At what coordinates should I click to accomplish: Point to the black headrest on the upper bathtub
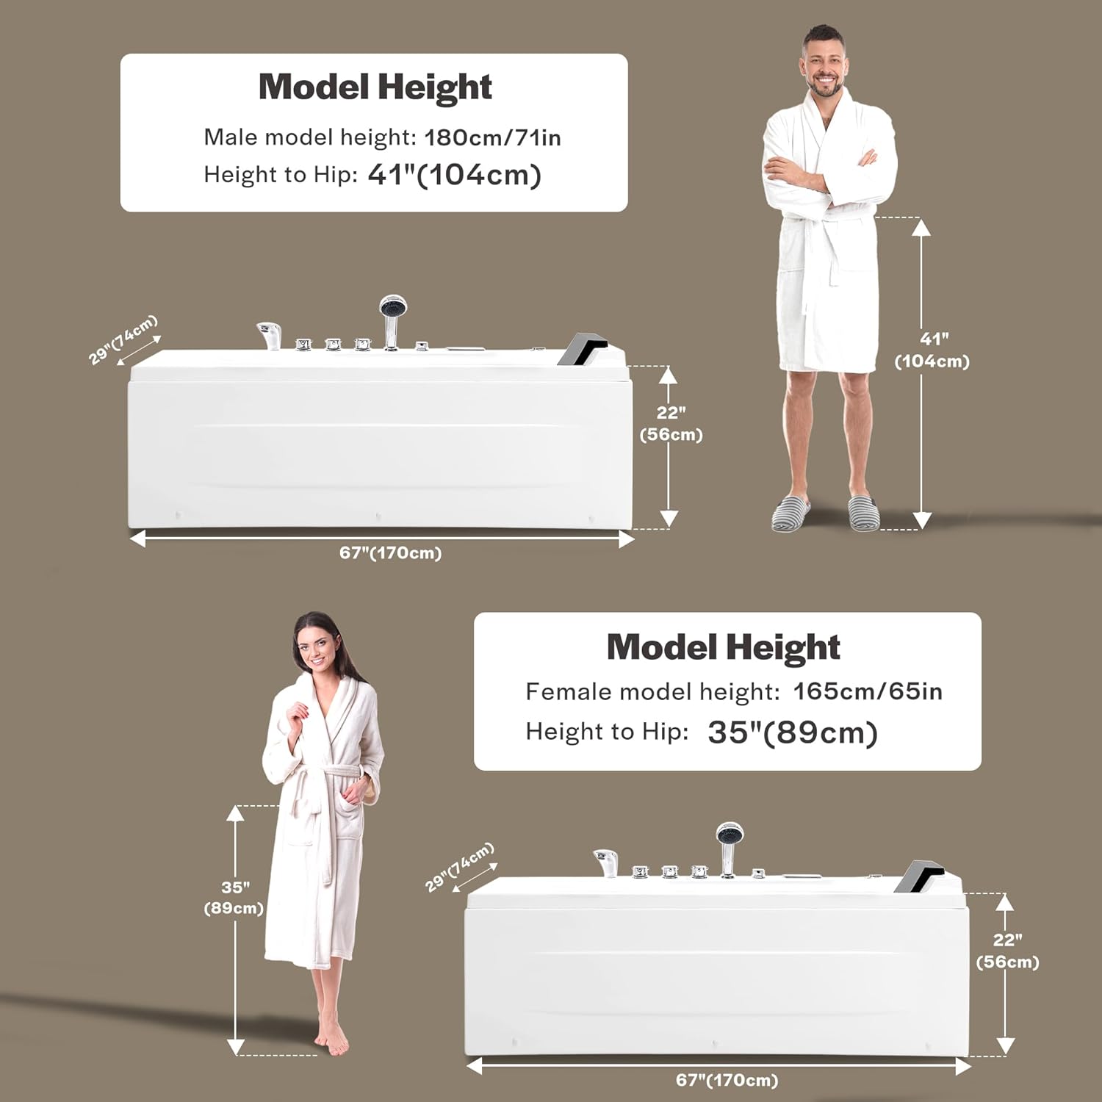click(581, 347)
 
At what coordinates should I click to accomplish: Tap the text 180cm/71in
click(492, 137)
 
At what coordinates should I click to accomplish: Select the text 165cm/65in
click(867, 691)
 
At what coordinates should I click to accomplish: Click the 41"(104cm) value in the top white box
click(454, 175)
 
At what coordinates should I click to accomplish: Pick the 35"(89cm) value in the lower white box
click(792, 732)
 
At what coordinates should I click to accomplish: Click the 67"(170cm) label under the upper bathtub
click(390, 553)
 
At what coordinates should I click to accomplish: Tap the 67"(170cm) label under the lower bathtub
click(727, 1080)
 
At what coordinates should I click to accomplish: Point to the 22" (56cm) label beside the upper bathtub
click(671, 424)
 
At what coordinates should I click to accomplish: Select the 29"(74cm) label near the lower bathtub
click(459, 867)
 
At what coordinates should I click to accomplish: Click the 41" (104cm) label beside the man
click(932, 350)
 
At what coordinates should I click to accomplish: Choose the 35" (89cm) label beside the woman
click(234, 898)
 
